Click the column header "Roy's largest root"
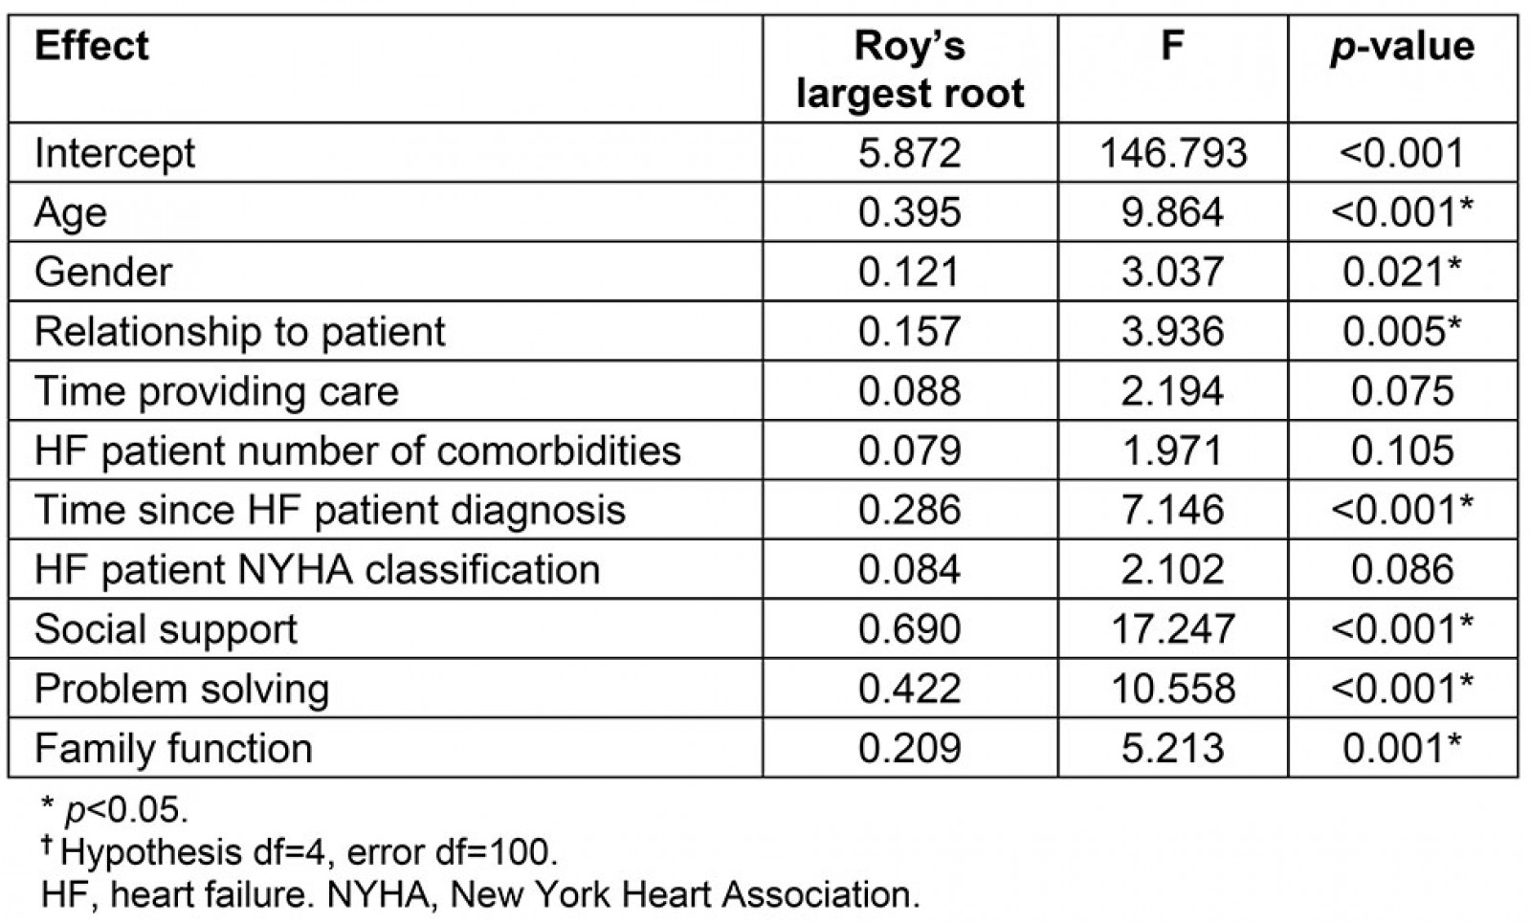909,70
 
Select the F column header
1172,46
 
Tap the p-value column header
1402,46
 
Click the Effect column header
92,46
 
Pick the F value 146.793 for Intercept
1173,153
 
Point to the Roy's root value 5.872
909,153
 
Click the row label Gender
103,272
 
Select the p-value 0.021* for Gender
1402,272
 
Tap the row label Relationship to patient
239,332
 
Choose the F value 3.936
1173,332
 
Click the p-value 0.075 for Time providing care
1402,391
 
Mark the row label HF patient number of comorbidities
357,451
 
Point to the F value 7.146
1173,510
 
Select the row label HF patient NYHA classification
317,570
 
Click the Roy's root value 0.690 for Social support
909,629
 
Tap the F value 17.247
1173,629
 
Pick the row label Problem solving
182,689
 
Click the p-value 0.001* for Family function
1402,748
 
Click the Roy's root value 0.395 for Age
909,212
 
